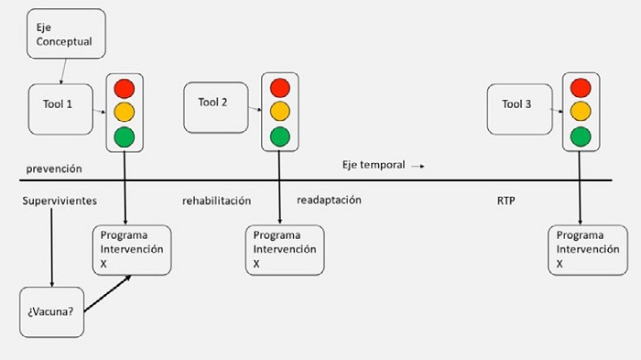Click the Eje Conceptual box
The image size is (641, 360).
[65, 33]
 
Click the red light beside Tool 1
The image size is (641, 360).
[124, 90]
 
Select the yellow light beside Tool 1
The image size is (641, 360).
[124, 114]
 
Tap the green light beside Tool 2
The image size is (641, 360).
[278, 136]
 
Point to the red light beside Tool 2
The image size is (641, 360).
[278, 88]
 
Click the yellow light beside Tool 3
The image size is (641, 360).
[580, 113]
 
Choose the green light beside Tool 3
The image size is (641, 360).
[580, 136]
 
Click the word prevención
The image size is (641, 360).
[54, 169]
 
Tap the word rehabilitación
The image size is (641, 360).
[216, 200]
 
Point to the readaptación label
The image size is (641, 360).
[329, 199]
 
